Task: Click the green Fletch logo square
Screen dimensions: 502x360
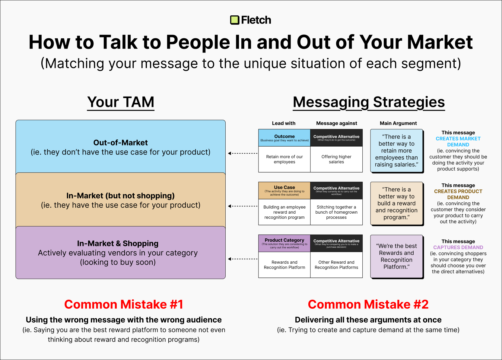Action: pos(235,20)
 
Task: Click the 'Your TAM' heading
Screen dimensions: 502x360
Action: pos(121,102)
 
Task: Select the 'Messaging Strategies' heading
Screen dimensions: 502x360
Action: pos(369,102)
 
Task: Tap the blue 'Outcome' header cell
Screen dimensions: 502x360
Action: pos(284,138)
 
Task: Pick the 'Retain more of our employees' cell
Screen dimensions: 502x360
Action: pos(284,159)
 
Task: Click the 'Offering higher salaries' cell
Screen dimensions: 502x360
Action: pos(336,159)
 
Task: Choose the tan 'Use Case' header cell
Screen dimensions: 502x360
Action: pos(284,190)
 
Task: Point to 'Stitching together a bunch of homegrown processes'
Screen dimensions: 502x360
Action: pos(336,212)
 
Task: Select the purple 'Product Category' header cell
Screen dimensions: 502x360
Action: pos(284,243)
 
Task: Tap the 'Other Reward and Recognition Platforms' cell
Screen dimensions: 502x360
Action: pos(336,265)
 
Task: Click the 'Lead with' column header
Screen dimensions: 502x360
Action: pos(284,123)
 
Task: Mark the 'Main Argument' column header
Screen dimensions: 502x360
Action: pos(398,123)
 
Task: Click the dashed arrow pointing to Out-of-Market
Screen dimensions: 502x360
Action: pos(243,153)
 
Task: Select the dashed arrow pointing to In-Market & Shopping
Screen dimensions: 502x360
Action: pos(243,259)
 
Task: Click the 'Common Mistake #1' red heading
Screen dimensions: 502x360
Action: pos(124,304)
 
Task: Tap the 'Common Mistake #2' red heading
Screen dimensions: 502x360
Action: pos(368,304)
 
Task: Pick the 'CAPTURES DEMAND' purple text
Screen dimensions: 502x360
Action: pos(458,247)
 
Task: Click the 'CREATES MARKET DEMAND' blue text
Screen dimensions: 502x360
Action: pos(458,142)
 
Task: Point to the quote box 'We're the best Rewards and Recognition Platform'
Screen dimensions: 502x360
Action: pos(396,256)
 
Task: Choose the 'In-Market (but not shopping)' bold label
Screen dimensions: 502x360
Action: pos(120,196)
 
